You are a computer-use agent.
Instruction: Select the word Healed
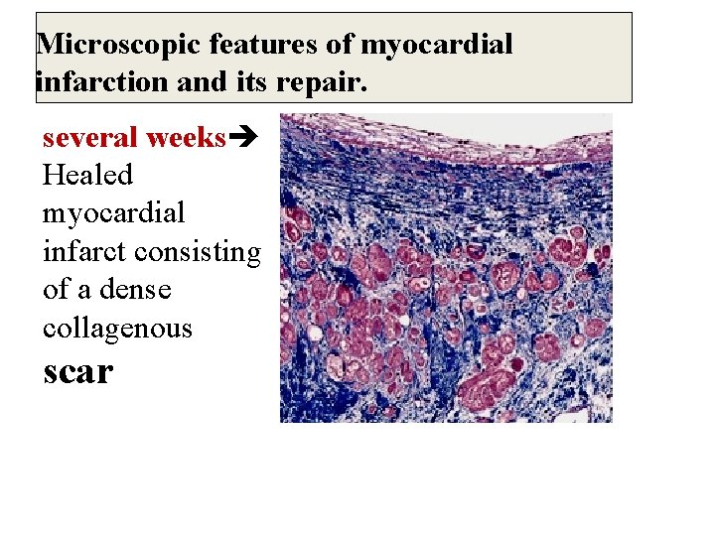(x=87, y=176)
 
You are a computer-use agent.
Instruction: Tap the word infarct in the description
(x=84, y=252)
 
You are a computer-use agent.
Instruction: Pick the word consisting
(x=197, y=252)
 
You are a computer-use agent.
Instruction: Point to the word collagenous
(x=117, y=328)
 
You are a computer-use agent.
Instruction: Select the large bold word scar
(x=78, y=371)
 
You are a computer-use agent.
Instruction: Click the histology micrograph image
(x=446, y=268)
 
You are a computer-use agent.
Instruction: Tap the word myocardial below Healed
(x=113, y=213)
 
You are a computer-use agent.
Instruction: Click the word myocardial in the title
(x=436, y=45)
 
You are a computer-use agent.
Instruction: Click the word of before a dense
(x=58, y=290)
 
